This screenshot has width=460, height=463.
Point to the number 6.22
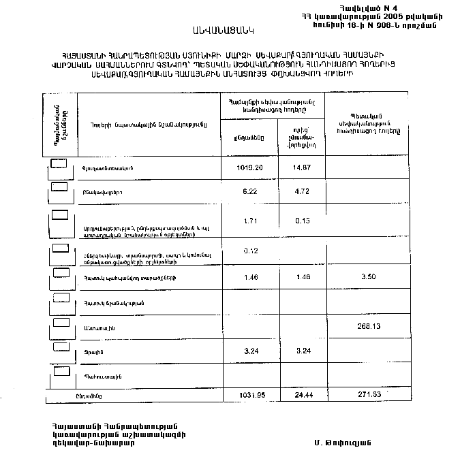[249, 191]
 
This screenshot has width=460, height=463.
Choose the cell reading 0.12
[249, 251]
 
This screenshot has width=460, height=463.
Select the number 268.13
[368, 325]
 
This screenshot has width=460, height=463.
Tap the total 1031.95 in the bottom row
[250, 395]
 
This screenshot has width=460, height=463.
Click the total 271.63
[368, 395]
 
